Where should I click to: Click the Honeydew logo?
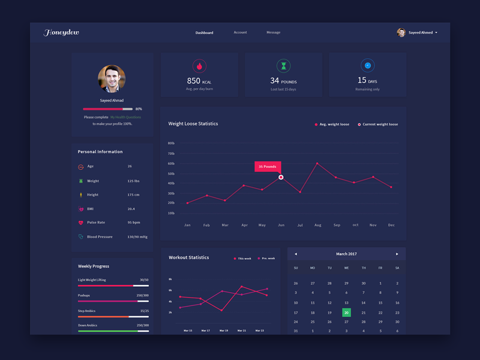click(61, 32)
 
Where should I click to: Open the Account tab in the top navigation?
click(240, 32)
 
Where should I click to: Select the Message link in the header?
click(273, 32)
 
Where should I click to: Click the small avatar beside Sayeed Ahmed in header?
click(401, 32)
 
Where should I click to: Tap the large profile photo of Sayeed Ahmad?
click(112, 79)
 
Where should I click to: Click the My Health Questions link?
click(125, 117)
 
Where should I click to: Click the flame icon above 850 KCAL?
click(199, 65)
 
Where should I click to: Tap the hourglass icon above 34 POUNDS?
click(283, 65)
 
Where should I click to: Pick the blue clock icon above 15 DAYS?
click(367, 65)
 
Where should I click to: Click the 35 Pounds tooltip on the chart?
click(267, 166)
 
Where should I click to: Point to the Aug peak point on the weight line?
click(317, 163)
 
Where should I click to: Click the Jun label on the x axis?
click(281, 225)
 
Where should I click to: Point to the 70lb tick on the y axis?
click(171, 154)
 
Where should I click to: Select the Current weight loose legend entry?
click(378, 124)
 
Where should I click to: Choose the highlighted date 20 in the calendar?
click(346, 313)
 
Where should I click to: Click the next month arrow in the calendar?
click(397, 254)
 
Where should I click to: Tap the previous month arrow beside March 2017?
click(296, 254)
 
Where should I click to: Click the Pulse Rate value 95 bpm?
click(134, 223)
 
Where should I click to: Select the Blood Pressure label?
click(100, 237)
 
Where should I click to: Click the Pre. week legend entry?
click(266, 258)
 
